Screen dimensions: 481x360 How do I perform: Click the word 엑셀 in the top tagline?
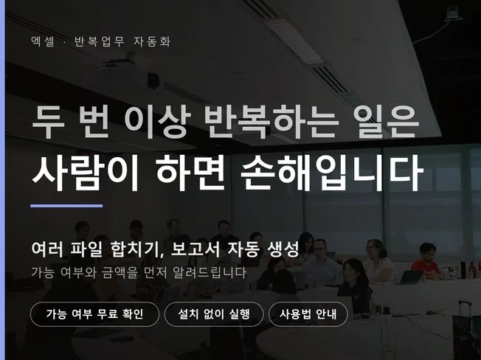(43, 41)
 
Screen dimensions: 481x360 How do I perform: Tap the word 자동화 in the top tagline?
(152, 41)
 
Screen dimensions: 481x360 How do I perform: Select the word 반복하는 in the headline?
(271, 121)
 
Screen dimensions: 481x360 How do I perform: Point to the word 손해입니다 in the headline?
(332, 173)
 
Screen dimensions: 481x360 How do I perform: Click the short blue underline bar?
(66, 206)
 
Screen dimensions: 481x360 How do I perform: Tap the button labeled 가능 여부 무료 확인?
(94, 314)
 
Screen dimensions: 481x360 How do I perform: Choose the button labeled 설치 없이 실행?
(214, 314)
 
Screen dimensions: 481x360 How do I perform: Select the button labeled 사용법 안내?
(308, 314)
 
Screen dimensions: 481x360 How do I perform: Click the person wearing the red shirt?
(426, 262)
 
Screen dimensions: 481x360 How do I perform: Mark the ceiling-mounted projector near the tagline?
(118, 61)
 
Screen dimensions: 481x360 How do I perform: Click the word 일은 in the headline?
(387, 121)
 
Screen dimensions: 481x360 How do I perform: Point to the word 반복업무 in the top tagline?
(98, 41)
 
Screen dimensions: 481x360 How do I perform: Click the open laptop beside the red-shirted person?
(410, 277)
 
